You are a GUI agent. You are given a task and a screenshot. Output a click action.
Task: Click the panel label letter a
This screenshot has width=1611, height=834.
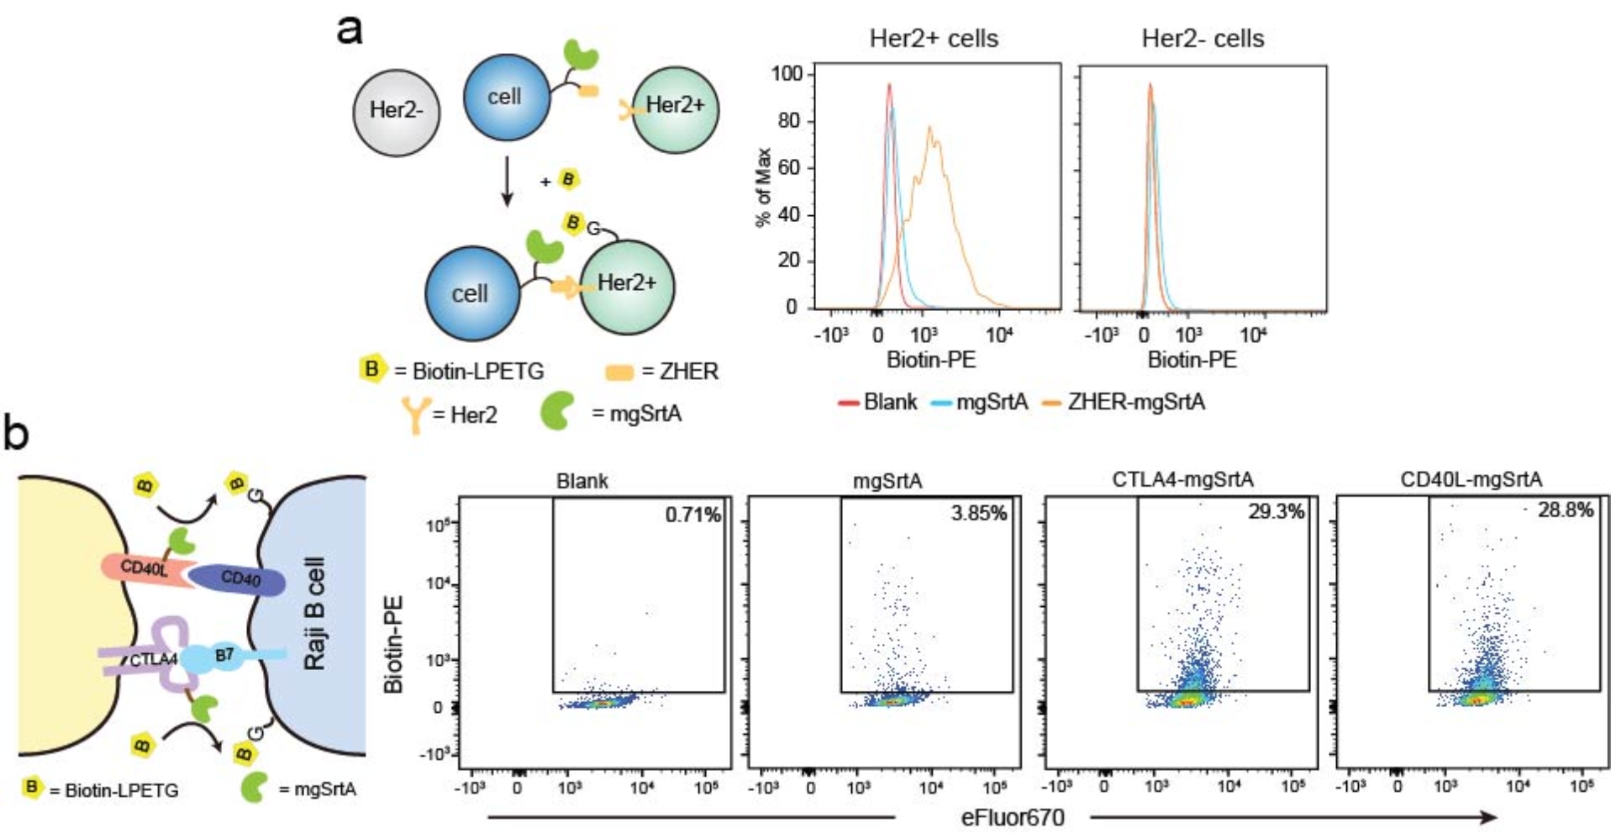click(x=350, y=30)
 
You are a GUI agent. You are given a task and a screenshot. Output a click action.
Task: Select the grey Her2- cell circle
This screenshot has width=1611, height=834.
click(x=397, y=112)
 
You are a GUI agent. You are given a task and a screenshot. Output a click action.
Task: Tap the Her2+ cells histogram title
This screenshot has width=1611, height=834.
click(x=934, y=39)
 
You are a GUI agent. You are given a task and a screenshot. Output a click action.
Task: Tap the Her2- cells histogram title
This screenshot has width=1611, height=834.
click(x=1203, y=39)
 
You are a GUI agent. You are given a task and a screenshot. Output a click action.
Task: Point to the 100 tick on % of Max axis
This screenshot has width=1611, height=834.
click(x=787, y=74)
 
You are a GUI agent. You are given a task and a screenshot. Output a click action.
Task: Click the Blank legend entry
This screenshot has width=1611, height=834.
click(x=889, y=402)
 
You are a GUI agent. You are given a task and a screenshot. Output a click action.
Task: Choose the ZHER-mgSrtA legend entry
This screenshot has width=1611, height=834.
click(x=1135, y=402)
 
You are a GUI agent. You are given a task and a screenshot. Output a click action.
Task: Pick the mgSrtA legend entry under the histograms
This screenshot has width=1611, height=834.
click(x=991, y=402)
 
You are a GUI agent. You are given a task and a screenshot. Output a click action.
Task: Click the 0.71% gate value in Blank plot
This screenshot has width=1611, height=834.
click(x=692, y=515)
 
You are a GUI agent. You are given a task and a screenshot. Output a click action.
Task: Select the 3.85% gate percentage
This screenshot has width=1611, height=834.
click(x=978, y=513)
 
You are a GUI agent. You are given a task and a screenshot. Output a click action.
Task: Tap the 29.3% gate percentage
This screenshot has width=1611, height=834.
click(x=1276, y=511)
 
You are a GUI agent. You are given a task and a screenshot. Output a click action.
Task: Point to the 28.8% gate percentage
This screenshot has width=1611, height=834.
click(x=1565, y=509)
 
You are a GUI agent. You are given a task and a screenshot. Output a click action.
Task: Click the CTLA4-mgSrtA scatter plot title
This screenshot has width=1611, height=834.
click(x=1182, y=479)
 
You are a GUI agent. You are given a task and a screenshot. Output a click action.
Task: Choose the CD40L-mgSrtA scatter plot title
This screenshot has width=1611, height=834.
click(x=1471, y=479)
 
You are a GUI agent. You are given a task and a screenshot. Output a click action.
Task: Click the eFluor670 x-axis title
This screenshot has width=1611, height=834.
click(x=1013, y=817)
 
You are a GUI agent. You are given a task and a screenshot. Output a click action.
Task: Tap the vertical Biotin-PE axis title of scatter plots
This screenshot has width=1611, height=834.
click(x=393, y=644)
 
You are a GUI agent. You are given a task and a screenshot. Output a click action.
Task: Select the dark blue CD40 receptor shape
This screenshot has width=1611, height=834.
click(x=239, y=579)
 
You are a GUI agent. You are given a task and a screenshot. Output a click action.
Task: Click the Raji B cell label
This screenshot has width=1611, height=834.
click(x=315, y=614)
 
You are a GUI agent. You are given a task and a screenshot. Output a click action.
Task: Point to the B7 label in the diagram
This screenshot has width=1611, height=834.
click(x=224, y=654)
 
